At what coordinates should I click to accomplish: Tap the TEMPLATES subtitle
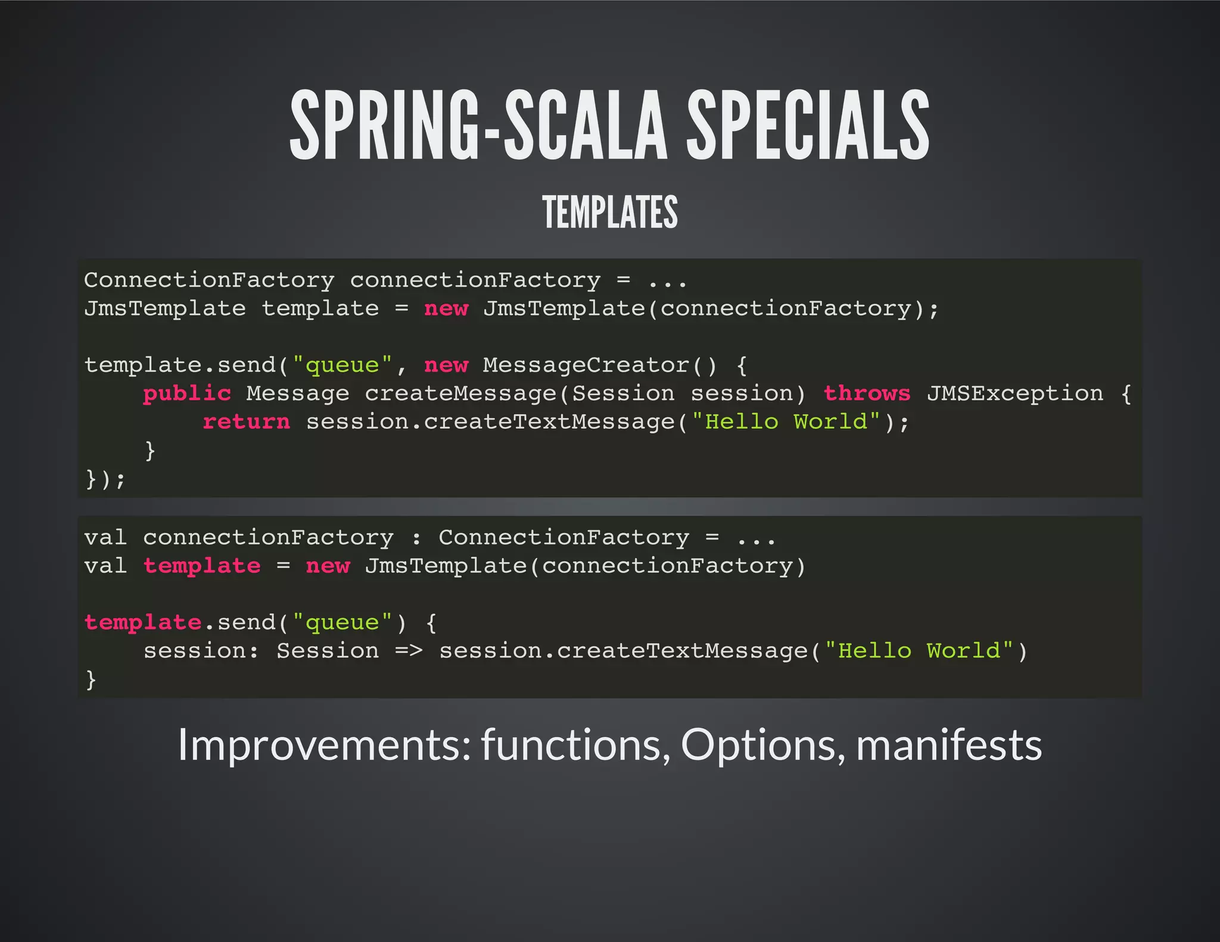tap(610, 212)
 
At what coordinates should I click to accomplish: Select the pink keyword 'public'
tap(187, 394)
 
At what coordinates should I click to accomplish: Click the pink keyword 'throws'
tap(867, 394)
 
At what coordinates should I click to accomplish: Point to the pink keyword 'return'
tap(246, 422)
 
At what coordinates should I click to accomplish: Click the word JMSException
tap(1014, 394)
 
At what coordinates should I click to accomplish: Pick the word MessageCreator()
tap(600, 365)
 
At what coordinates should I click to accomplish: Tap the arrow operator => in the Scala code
tap(409, 651)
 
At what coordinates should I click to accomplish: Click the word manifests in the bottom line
tap(948, 745)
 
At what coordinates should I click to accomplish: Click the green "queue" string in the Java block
tap(342, 365)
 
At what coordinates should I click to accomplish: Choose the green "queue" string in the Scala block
tap(342, 623)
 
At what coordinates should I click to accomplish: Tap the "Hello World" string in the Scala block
tap(919, 651)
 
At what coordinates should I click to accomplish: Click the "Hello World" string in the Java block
tap(786, 422)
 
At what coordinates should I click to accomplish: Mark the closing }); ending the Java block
tap(105, 479)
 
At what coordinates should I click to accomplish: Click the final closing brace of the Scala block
tap(91, 679)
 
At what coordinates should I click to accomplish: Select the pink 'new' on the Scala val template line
tap(328, 566)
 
